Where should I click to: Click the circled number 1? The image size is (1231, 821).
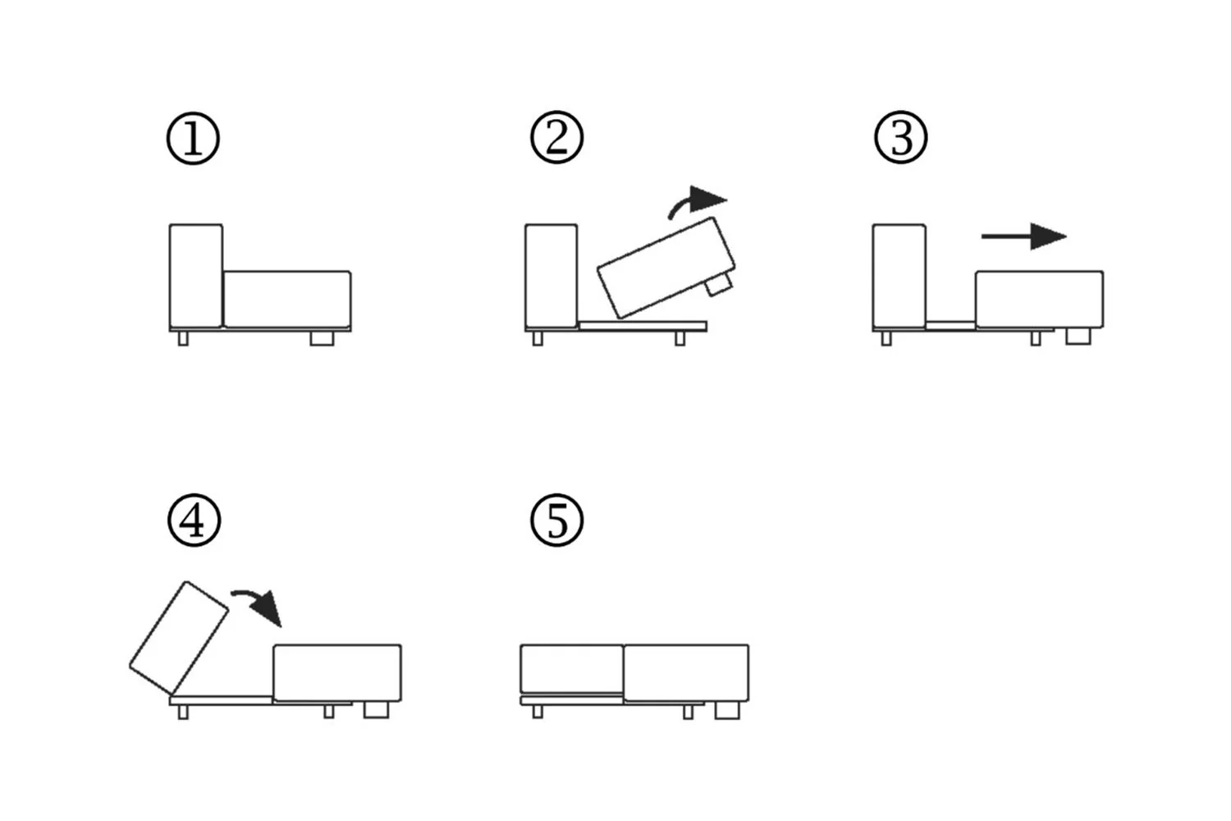click(193, 138)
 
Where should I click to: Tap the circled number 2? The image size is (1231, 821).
click(556, 138)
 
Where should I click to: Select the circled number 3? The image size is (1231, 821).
click(901, 138)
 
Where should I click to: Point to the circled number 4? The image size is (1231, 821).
click(194, 521)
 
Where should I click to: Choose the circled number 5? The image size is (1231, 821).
click(556, 521)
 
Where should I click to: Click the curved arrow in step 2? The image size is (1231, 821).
click(698, 202)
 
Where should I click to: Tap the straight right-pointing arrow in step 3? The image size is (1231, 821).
click(1024, 236)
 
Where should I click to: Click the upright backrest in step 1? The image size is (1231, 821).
click(195, 275)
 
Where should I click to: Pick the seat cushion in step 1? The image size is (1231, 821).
click(287, 299)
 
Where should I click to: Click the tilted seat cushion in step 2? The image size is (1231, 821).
click(666, 267)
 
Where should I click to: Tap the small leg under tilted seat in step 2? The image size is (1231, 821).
click(718, 285)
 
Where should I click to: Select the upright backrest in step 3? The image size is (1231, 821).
click(899, 275)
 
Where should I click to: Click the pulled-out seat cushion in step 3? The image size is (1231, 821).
click(1039, 299)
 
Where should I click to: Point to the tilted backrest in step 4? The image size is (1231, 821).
click(179, 637)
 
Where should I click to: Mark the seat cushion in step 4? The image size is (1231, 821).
click(337, 672)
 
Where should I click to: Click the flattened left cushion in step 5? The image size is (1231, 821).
click(571, 669)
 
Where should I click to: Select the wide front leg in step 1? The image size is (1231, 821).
click(322, 338)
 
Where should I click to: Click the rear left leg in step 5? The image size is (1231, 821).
click(538, 712)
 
